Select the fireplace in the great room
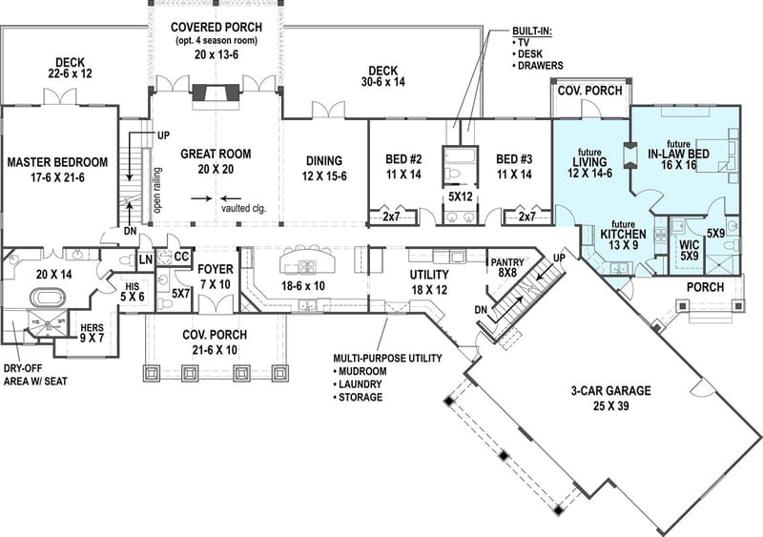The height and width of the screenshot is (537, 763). (x=216, y=93)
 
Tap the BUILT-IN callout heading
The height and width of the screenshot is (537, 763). (x=531, y=31)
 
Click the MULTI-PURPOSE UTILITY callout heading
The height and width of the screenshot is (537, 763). (x=386, y=358)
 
